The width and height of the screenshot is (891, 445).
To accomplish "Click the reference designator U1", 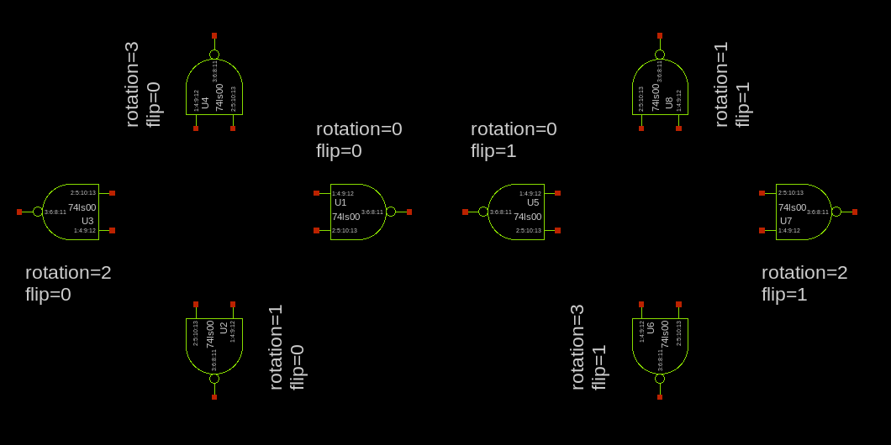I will [340, 202].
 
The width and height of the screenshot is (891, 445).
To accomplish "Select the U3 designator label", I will [87, 221].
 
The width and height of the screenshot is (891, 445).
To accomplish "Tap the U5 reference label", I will [533, 202].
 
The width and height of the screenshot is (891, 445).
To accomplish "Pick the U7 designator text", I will [786, 221].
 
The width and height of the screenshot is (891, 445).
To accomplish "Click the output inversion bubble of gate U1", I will [391, 212].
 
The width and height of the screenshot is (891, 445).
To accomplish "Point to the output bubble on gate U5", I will [483, 212].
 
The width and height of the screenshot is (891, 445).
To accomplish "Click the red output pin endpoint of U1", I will [409, 212].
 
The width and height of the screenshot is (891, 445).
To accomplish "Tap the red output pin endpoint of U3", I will [19, 212].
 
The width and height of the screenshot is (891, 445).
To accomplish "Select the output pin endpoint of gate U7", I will [855, 212].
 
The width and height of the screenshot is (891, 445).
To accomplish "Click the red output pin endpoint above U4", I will [214, 35].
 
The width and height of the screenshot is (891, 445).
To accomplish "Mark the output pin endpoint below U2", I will [214, 396].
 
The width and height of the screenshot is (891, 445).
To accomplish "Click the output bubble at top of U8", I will [660, 55].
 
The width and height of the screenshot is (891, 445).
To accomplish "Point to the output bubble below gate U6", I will [660, 379].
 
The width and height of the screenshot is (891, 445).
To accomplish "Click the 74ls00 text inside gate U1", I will [345, 217].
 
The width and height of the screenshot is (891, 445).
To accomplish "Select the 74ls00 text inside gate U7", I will [792, 207].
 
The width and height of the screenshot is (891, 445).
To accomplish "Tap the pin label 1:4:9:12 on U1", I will [343, 193].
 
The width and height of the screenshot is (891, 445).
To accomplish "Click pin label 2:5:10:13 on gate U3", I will [83, 193].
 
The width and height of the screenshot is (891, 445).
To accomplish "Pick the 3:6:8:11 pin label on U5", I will [501, 212].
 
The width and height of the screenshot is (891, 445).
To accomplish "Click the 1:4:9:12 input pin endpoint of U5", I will [557, 193].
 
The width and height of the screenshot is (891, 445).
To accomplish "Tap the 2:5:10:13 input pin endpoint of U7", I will [762, 193].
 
